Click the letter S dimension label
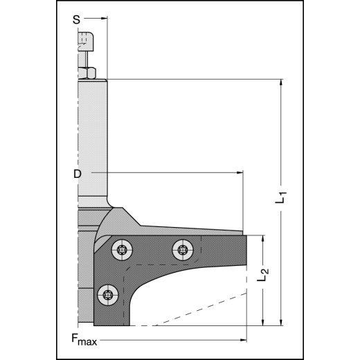pos(76,20)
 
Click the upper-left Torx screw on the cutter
pos(123,249)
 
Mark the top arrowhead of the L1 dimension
pos(281,82)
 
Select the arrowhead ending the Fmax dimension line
pos(244,339)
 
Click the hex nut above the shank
pos(87,72)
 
